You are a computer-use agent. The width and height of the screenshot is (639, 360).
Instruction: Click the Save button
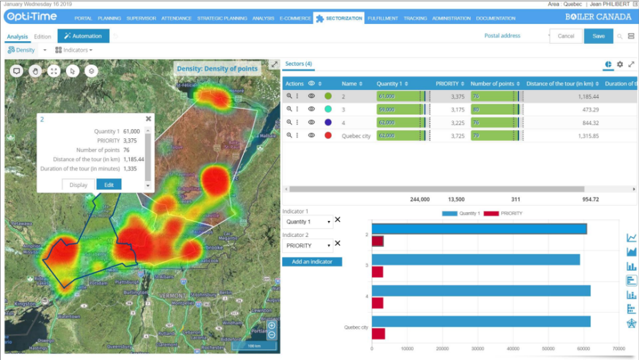[x=598, y=36]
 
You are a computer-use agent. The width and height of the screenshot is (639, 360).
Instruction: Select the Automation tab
[x=83, y=36]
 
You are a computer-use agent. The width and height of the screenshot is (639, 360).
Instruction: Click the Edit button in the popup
[x=108, y=184]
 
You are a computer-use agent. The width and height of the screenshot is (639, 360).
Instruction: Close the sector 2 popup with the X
[x=148, y=119]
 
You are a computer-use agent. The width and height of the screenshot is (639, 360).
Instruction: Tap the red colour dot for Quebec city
[x=328, y=135]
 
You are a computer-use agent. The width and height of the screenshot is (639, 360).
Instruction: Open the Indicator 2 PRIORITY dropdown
[x=308, y=246]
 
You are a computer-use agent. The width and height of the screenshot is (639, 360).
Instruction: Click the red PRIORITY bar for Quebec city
[x=378, y=333]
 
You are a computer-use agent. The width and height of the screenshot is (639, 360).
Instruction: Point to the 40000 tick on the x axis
[x=513, y=348]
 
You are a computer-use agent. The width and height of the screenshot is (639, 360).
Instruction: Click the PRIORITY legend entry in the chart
[x=507, y=214]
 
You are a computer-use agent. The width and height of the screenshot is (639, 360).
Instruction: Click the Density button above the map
[x=22, y=50]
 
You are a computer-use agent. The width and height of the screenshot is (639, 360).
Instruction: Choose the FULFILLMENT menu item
[x=382, y=18]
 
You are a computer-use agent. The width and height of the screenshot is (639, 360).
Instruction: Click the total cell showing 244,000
[x=419, y=199]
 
